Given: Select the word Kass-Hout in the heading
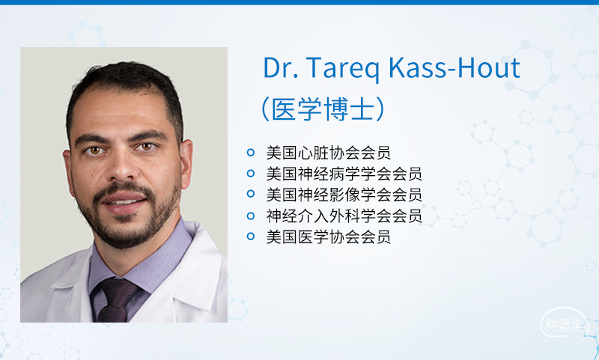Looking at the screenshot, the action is coord(454,67).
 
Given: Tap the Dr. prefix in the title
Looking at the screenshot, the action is coord(281,67).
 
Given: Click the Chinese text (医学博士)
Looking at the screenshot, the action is coord(323,109).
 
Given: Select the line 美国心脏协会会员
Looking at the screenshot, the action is coord(329,153).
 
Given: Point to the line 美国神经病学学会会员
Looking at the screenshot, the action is coord(344,174).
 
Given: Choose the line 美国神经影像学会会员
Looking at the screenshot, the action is coord(344,195).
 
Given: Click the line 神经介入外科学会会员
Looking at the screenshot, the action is coord(344,216).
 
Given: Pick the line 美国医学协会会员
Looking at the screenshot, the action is coord(329,237).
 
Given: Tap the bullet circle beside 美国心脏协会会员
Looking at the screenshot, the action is coord(251,153).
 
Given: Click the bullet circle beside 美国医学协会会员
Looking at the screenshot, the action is coord(251,237).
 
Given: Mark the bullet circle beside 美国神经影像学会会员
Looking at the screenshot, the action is coord(251,194).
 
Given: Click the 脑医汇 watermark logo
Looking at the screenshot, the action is coord(564,324).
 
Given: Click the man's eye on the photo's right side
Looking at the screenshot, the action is coord(147,146).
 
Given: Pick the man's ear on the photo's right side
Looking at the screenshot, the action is coord(186,164).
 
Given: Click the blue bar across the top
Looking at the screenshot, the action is coord(299,2).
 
